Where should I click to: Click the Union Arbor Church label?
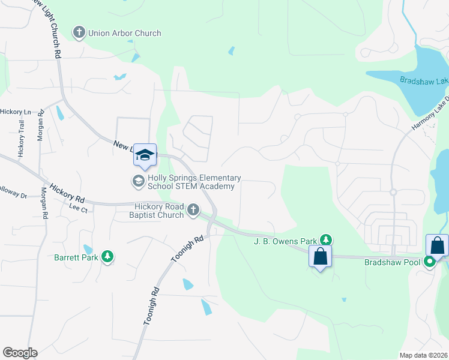125,33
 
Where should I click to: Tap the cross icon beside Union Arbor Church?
79,32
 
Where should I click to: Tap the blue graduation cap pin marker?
145,155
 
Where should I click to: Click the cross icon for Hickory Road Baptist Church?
192,209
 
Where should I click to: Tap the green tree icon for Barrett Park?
107,257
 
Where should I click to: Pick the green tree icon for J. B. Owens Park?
325,239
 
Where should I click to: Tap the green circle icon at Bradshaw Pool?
429,262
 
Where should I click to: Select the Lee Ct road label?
79,209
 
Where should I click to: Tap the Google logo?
20,353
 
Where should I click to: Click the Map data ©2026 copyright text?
423,355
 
